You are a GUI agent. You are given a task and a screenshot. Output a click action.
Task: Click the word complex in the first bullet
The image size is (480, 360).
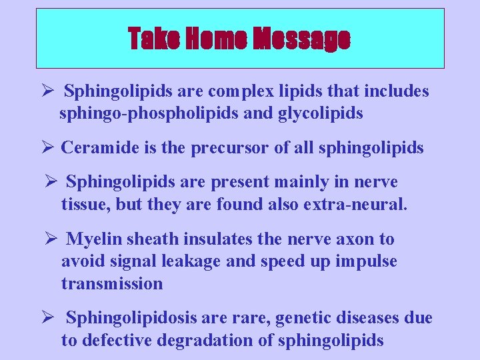click(x=251, y=91)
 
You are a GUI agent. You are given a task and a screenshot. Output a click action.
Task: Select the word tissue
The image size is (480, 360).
click(x=84, y=204)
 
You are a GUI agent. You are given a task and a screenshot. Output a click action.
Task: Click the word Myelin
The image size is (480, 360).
click(x=93, y=239)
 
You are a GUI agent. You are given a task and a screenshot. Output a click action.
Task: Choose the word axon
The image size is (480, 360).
click(x=359, y=239)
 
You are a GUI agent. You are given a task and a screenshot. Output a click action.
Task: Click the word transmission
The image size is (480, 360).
click(x=112, y=284)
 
